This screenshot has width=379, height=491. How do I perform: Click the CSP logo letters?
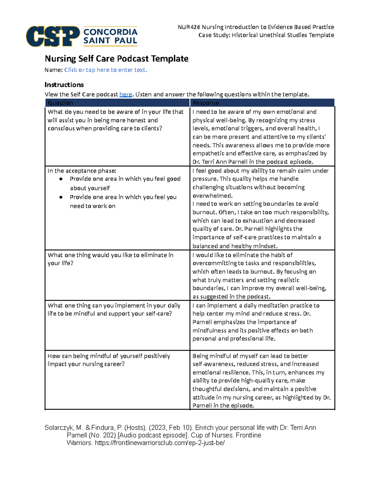point(52,36)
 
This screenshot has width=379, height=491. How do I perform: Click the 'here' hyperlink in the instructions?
point(125,94)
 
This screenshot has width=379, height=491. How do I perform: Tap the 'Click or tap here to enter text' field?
point(105,70)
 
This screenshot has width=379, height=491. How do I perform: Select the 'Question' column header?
point(60,103)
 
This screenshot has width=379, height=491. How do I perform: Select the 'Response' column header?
point(206,103)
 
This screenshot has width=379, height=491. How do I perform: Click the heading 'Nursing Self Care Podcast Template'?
point(117,58)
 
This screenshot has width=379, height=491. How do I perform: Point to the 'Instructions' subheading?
point(64,85)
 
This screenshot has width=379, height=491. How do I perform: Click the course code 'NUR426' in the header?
point(189,27)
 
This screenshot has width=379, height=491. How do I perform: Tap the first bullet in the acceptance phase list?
point(61,179)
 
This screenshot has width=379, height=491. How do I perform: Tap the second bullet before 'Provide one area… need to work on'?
point(61,197)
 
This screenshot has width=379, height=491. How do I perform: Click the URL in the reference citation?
point(159,443)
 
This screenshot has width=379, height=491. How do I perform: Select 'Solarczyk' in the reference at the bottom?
point(59,427)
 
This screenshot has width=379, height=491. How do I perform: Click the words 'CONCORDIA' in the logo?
point(110,32)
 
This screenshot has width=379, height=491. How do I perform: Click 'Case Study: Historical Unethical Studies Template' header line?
point(266,35)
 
